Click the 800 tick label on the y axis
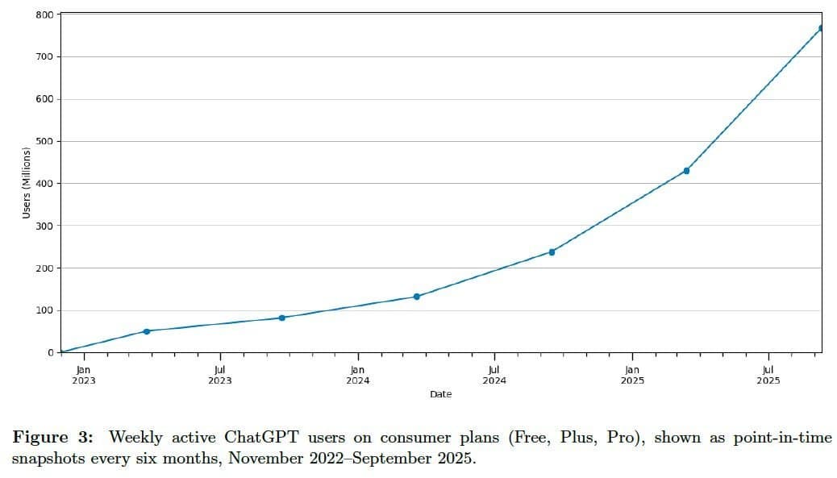coord(44,15)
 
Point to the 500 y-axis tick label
coord(44,141)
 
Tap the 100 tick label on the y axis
coord(44,310)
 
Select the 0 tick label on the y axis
coord(50,352)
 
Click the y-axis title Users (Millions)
coord(26,183)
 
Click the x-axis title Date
coord(440,394)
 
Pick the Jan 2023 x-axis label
coord(83,375)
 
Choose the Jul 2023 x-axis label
coord(219,375)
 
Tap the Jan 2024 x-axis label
coord(358,375)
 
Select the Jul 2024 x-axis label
coord(494,375)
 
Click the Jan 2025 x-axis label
coord(632,375)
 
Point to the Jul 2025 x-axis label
coord(768,375)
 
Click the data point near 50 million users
coord(146,331)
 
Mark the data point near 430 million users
coord(686,171)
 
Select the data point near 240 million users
coord(552,252)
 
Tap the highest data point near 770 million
coord(821,28)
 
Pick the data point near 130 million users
coord(416,297)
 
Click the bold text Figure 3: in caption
coord(52,438)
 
